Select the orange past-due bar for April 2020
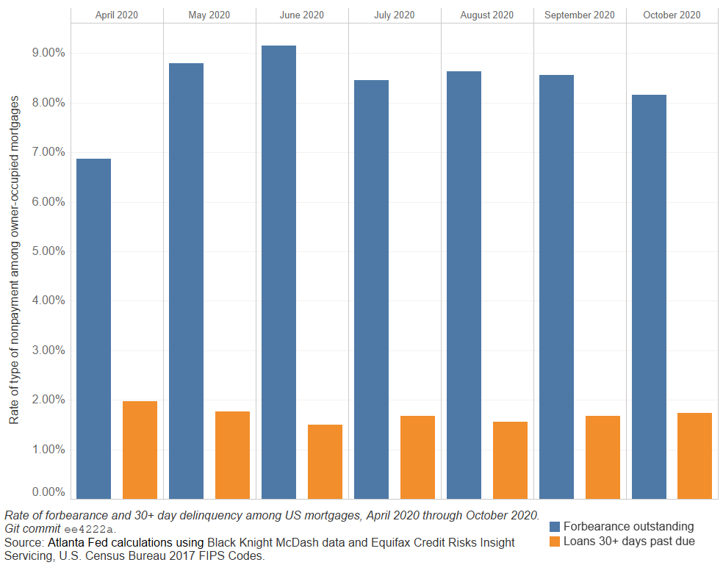click(140, 450)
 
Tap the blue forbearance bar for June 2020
click(278, 272)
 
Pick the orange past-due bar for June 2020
click(325, 461)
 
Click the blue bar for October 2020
click(649, 297)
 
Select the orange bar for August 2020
click(510, 460)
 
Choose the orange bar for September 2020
click(602, 457)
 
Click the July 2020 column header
click(395, 15)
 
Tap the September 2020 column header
click(580, 15)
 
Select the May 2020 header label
click(209, 15)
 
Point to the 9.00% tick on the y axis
click(46, 53)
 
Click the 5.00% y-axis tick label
click(46, 251)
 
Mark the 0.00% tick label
click(46, 492)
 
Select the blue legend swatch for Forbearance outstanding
click(555, 527)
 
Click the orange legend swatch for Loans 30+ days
click(555, 542)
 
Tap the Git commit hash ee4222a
click(90, 529)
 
